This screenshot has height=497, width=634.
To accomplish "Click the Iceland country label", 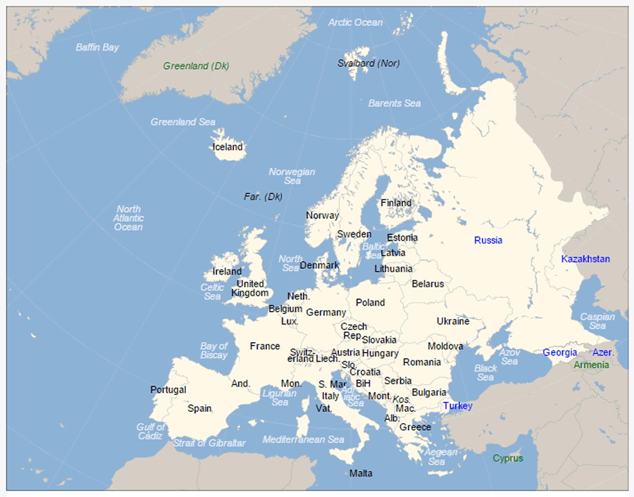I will click(x=228, y=147).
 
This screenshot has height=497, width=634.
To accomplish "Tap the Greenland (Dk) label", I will click(x=196, y=66).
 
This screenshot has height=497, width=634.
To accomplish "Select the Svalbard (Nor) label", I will click(x=368, y=63).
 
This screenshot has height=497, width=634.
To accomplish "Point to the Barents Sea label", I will click(x=394, y=103).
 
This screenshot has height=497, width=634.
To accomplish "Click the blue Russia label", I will click(x=488, y=240).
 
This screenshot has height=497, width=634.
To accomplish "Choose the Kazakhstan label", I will click(x=585, y=259).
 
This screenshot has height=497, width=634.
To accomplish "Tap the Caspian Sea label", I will click(x=597, y=321).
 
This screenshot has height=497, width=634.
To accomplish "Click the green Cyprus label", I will click(x=508, y=458).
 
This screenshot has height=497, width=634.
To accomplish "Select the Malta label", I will click(x=361, y=473).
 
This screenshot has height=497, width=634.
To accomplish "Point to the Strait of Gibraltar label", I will click(x=209, y=443).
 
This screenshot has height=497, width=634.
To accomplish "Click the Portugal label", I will click(x=168, y=389).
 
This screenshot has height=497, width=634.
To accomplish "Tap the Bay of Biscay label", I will click(x=213, y=350).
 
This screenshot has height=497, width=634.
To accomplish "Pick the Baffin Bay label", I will click(x=97, y=47).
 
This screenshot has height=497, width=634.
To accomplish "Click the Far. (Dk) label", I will click(x=263, y=196).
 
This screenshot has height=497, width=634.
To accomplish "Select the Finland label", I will click(x=396, y=203).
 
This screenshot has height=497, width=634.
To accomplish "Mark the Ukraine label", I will click(x=452, y=321).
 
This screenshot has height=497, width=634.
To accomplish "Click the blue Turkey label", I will click(x=457, y=406).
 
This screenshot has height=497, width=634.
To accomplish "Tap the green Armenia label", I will click(x=591, y=365).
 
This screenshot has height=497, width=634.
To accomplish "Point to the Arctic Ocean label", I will click(x=356, y=23).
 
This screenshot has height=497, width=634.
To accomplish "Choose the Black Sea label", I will click(x=485, y=372).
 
